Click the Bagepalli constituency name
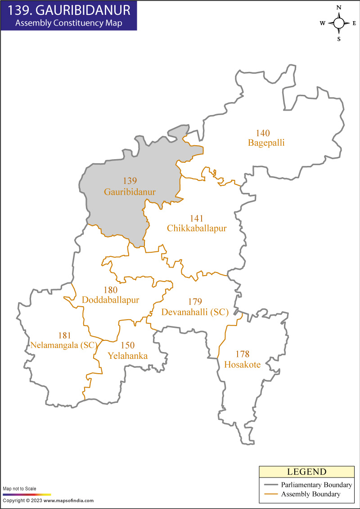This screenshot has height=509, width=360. [x=266, y=143]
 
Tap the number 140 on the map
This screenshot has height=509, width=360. [x=263, y=134]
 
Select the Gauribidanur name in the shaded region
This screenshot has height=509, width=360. [x=130, y=192]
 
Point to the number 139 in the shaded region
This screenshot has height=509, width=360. [x=130, y=181]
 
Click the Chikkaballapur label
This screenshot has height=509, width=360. [x=197, y=228]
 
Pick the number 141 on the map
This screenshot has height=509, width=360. [x=197, y=219]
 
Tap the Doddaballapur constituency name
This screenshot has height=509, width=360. [x=110, y=300]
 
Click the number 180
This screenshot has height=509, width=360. [x=110, y=290]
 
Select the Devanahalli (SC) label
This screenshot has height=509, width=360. [x=195, y=312]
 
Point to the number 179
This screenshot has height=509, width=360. [x=195, y=302]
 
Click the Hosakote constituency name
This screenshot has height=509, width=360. [x=242, y=365]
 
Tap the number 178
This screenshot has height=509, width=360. [x=242, y=354]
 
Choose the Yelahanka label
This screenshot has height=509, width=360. [x=128, y=356]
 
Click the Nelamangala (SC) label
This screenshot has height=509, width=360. [x=64, y=346]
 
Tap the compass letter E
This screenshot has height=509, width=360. [x=354, y=23]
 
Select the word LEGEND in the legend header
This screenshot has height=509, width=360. [x=306, y=472]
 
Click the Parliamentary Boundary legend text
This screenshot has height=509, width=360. [x=316, y=485]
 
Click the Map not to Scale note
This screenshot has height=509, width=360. [x=19, y=489]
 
